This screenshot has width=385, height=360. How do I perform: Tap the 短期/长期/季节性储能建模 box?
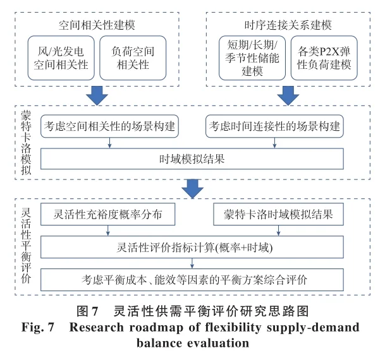[x=252, y=57]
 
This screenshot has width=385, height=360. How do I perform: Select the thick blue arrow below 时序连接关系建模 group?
[x=288, y=94]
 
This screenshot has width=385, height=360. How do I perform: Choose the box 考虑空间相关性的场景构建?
[x=110, y=126]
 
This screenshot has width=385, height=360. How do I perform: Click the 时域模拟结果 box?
[x=192, y=159]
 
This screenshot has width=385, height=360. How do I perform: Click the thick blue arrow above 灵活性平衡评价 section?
[x=192, y=188]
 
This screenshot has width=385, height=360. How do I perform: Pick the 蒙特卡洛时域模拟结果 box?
[x=279, y=215]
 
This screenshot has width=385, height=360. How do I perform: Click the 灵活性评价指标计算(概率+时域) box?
[x=192, y=247]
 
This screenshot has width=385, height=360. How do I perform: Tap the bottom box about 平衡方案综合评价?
[x=192, y=279]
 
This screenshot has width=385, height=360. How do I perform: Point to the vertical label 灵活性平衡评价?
[x=26, y=246]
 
